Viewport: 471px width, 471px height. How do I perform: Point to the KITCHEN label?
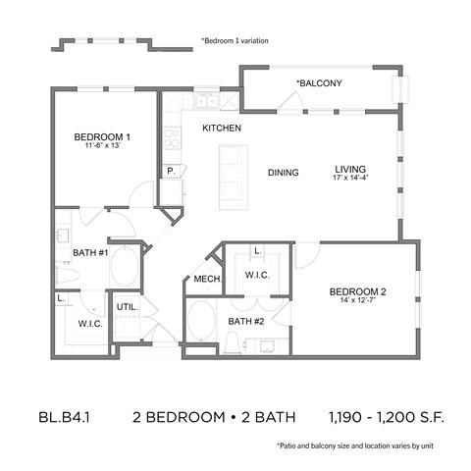point(222,129)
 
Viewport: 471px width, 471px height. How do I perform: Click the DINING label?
point(283,173)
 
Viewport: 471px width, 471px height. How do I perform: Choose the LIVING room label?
point(349,168)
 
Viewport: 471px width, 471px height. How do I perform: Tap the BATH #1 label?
point(90,253)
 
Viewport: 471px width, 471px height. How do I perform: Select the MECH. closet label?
point(206,280)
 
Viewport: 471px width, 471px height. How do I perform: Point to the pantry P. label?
point(171,170)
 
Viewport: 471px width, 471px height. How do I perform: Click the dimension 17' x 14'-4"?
point(349,180)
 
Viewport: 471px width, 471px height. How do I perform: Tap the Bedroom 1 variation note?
point(235,40)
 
